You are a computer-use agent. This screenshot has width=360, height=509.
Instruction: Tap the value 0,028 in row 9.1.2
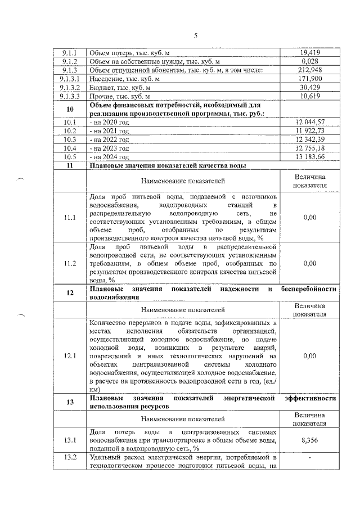tap(310, 61)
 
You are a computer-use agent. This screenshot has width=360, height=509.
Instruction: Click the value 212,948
tap(310, 70)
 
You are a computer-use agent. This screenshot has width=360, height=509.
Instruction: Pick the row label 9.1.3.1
tap(72, 79)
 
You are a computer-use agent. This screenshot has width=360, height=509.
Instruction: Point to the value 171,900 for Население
tap(310, 79)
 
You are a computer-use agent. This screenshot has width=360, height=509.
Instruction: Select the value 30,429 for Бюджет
tap(310, 87)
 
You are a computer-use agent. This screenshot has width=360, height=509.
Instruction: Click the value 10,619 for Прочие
tap(310, 96)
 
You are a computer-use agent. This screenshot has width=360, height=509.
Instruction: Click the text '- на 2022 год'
tap(110, 139)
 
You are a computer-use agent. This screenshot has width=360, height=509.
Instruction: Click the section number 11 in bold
tap(70, 165)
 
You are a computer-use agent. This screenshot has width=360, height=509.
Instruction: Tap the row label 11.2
tap(70, 263)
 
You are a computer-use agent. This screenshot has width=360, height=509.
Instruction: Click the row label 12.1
tap(70, 355)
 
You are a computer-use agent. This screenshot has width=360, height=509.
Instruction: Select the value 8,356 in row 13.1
tap(310, 440)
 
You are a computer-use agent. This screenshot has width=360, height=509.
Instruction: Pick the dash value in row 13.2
tap(310, 458)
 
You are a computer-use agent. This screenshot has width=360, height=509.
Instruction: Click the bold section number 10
tap(70, 109)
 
